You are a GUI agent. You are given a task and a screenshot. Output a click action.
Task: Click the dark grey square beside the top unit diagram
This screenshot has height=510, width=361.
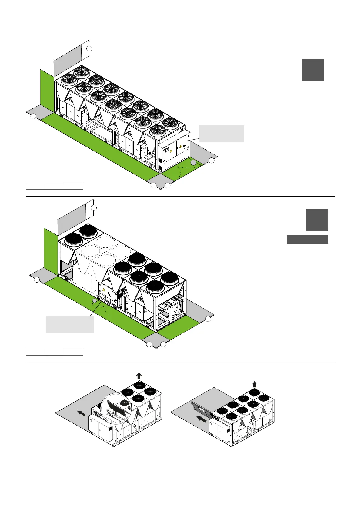[x=313, y=70]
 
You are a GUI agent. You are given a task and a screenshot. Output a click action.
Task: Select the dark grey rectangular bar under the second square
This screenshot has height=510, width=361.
[x=307, y=240]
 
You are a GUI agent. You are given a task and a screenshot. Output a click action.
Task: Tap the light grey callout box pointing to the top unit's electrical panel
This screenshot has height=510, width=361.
[x=222, y=133]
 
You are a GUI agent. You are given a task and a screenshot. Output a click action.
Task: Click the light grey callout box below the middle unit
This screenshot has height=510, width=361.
[x=69, y=325]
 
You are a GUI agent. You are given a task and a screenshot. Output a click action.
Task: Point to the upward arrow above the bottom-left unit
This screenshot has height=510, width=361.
[x=139, y=376]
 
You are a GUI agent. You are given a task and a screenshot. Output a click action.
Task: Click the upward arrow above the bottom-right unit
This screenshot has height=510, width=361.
[x=255, y=384]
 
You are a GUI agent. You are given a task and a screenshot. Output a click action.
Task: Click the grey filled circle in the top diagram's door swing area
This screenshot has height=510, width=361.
[x=193, y=163]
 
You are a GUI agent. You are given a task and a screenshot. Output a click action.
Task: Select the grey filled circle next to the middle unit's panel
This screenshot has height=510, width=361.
[x=95, y=300]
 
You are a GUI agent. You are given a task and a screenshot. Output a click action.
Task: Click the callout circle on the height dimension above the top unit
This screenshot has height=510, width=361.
[x=89, y=48]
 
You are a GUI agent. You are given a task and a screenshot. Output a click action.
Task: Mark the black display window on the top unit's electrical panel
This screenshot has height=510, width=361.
[x=166, y=149]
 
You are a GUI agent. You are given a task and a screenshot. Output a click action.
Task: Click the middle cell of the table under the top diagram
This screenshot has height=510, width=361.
[x=55, y=186]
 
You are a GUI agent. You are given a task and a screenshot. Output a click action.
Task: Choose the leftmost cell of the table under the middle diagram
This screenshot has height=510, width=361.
[x=35, y=352]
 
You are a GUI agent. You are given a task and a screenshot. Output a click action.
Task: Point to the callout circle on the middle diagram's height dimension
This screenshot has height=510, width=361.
[x=94, y=207]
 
